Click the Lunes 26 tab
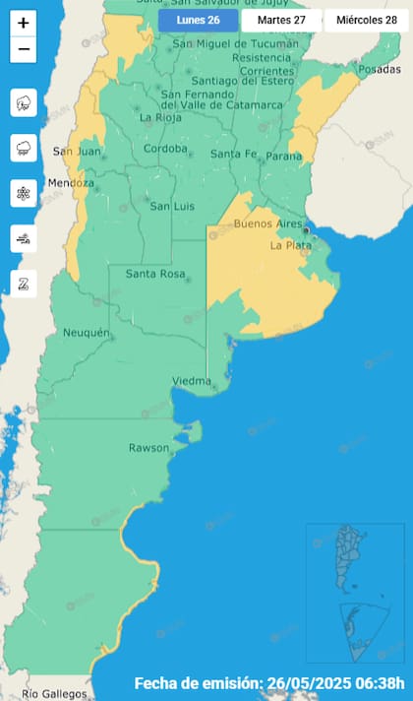(x=198, y=20)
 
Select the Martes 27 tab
(x=281, y=20)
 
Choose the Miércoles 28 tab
(x=367, y=20)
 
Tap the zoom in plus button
(x=24, y=23)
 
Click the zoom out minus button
(x=24, y=49)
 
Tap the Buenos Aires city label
(x=266, y=225)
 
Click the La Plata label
(x=290, y=245)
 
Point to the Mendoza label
(x=71, y=183)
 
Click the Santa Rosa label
(x=156, y=273)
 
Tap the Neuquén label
(x=87, y=333)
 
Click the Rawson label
(x=149, y=448)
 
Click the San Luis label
(x=170, y=206)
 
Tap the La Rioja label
(x=159, y=118)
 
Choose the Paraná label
(x=283, y=155)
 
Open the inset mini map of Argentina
(x=355, y=592)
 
